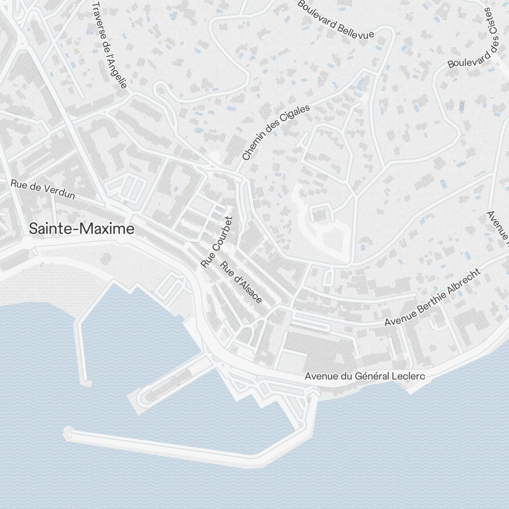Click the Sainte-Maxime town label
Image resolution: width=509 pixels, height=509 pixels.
(81, 229)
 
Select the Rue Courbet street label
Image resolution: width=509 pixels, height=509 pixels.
(217, 242)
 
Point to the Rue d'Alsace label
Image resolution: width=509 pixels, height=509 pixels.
(241, 282)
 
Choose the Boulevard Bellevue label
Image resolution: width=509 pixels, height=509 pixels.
(335, 19)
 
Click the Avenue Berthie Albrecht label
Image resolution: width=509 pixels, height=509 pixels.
(432, 298)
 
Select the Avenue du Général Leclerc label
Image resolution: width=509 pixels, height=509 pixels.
(364, 377)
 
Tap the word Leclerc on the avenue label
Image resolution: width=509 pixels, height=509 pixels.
(408, 377)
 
